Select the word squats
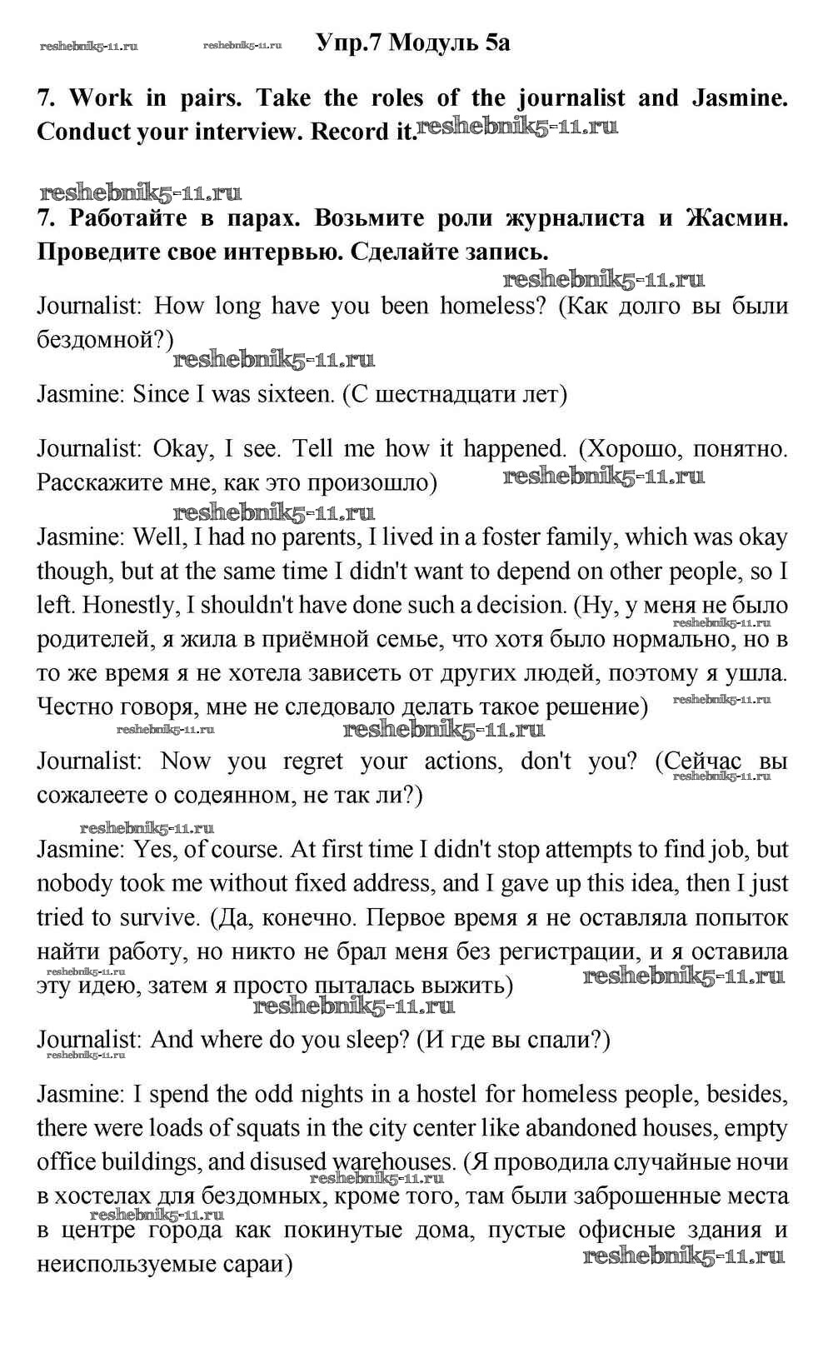tap(263, 1128)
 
